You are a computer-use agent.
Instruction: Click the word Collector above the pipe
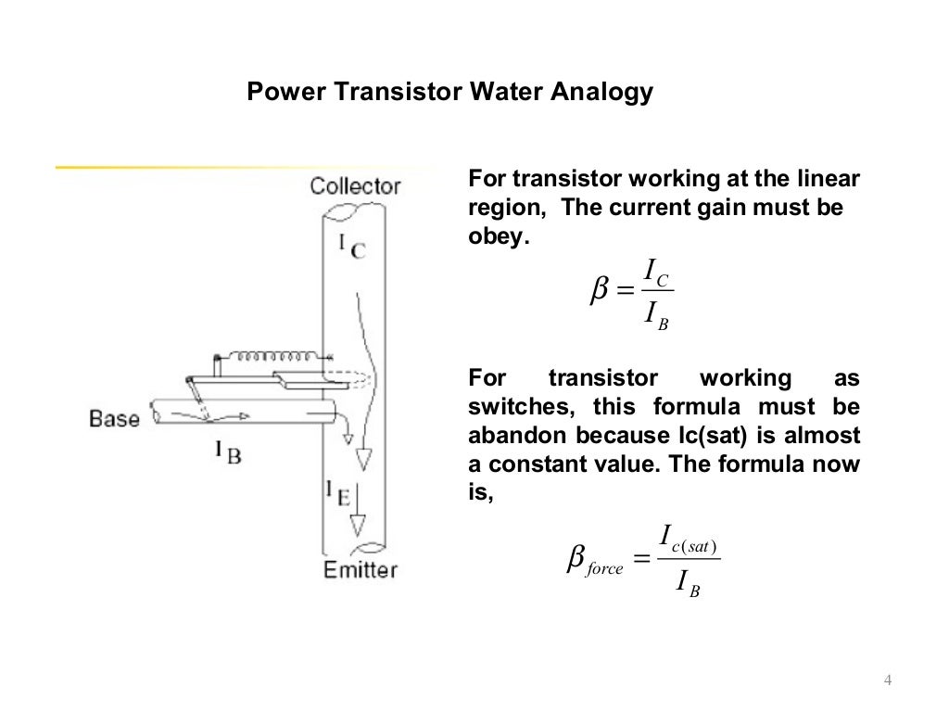coord(355,185)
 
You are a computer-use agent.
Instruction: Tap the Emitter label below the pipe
coord(360,568)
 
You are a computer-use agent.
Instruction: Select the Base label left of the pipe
coord(114,418)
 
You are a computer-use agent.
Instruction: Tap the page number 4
coord(888,683)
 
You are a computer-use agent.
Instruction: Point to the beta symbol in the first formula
coord(600,291)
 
